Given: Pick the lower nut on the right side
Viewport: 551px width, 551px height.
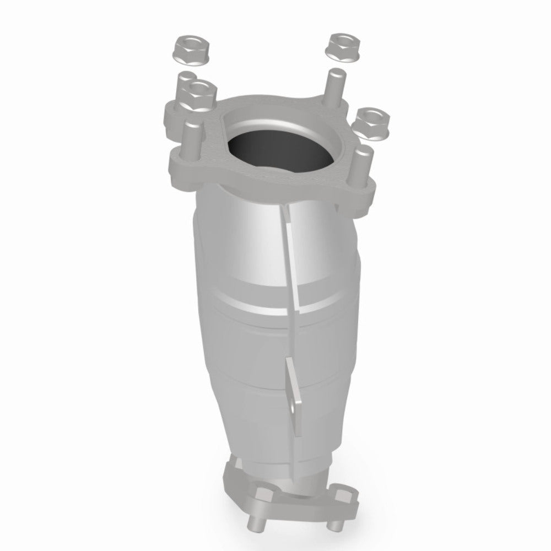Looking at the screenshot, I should [372, 122].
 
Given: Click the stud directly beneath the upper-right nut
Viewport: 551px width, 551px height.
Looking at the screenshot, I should [334, 85].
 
